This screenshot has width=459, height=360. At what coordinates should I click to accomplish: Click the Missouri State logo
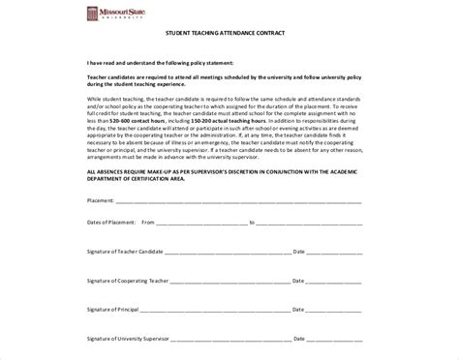coord(114,15)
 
